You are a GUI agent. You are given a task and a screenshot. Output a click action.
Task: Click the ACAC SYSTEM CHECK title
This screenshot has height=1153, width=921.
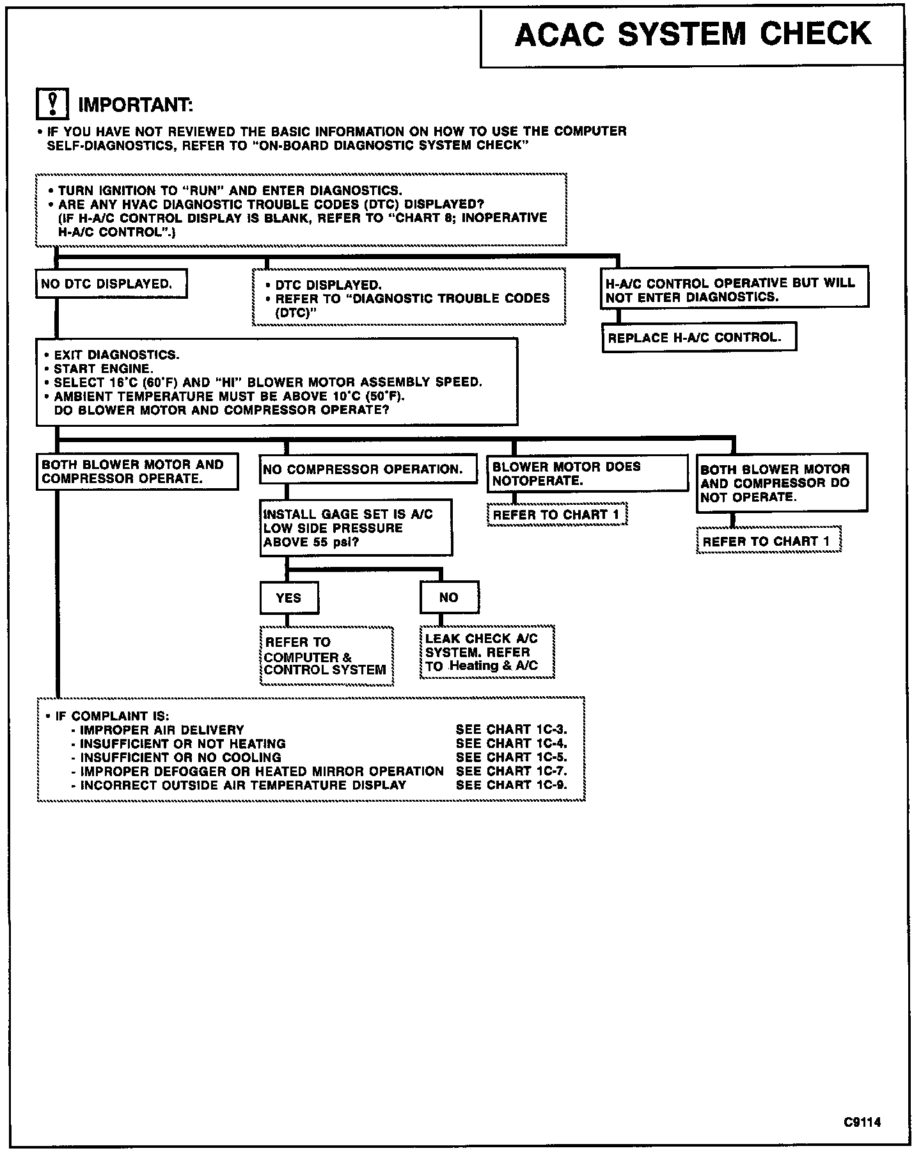click(x=693, y=35)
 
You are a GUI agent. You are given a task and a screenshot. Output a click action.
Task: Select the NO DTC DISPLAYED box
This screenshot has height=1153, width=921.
click(x=111, y=283)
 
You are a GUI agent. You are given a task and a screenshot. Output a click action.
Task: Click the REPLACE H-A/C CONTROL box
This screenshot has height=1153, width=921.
click(x=699, y=337)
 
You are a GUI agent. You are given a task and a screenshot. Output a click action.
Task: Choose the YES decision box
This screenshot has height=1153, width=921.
click(x=289, y=598)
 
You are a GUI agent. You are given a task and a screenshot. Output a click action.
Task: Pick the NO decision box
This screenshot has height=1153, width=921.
click(x=449, y=598)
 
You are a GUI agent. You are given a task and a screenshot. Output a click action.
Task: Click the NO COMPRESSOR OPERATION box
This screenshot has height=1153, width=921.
click(x=368, y=469)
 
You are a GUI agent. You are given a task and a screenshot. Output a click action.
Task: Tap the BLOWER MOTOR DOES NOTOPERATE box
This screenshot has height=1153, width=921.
click(x=587, y=473)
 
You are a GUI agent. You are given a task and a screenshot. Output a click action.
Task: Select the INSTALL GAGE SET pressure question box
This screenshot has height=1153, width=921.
click(x=356, y=528)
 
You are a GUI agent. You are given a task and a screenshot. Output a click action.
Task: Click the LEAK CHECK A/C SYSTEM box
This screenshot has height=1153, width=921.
click(x=487, y=652)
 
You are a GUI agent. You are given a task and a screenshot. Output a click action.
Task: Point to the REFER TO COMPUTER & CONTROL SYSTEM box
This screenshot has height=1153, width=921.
click(x=326, y=656)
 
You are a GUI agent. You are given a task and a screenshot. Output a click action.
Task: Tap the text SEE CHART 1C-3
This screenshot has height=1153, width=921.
click(x=511, y=729)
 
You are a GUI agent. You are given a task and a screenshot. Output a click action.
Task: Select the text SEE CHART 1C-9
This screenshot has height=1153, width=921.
click(x=511, y=785)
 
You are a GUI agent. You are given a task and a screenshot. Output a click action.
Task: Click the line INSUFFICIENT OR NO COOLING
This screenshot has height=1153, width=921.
click(x=180, y=758)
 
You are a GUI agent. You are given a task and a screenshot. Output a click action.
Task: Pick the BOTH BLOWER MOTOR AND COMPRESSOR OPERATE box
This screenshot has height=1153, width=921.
click(x=137, y=472)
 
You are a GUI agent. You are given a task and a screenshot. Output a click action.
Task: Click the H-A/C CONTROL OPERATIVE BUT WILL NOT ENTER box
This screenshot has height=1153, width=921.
click(x=734, y=290)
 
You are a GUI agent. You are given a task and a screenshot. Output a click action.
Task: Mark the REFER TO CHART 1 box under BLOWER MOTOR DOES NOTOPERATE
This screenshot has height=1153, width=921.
click(x=556, y=514)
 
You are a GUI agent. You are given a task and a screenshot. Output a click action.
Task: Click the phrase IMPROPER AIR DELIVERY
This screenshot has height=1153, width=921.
click(x=162, y=730)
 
